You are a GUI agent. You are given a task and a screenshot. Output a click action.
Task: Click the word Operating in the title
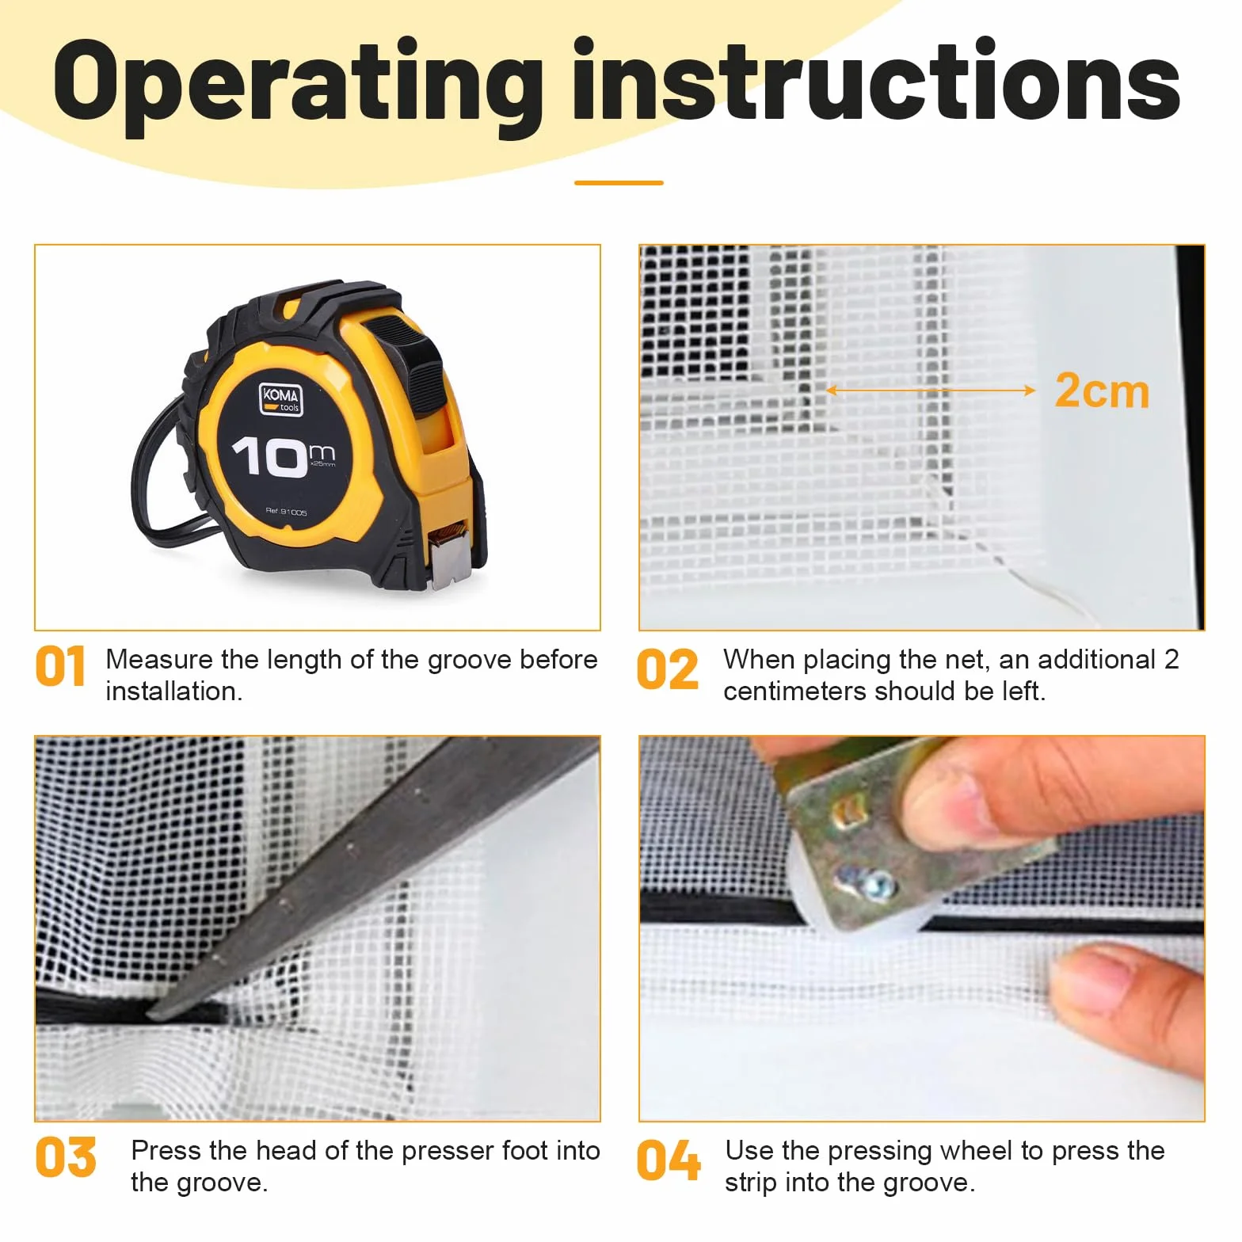298,86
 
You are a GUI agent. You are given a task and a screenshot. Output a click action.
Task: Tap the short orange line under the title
619,183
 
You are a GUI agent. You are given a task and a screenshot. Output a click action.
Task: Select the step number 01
60,666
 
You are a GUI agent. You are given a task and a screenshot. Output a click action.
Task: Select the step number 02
668,669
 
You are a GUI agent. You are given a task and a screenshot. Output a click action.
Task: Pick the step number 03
66,1157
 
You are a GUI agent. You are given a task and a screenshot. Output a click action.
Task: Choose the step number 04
669,1160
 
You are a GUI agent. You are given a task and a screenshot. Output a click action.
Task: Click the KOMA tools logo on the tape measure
281,398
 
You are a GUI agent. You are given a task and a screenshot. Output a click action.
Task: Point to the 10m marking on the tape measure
282,457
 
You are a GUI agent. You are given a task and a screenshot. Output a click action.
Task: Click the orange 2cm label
1102,391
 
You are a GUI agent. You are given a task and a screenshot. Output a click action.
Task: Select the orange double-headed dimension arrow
931,390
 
